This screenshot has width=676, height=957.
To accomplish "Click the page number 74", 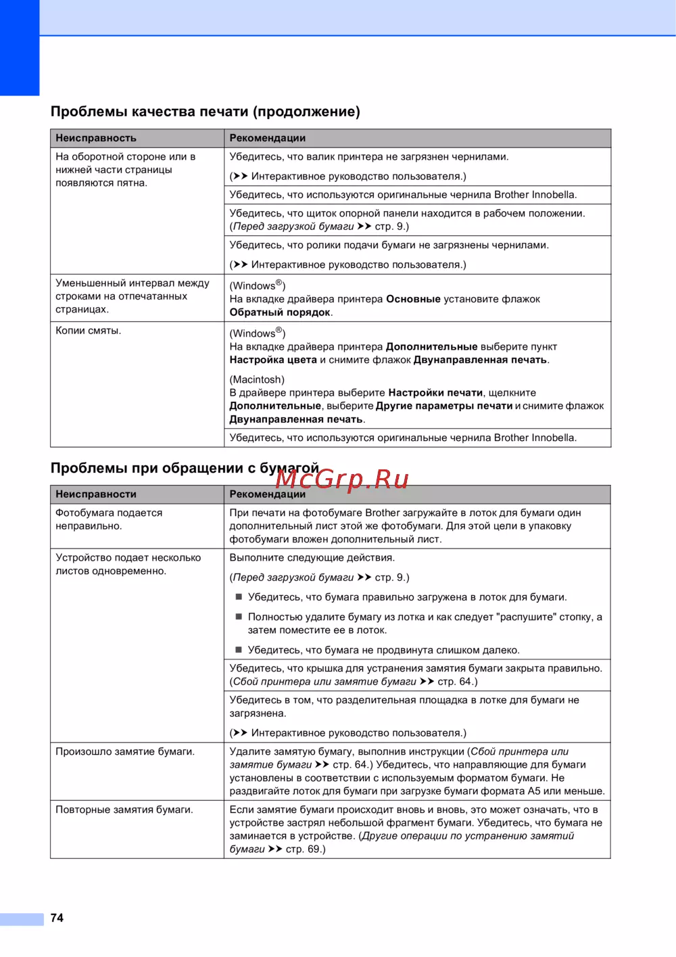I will [57, 918].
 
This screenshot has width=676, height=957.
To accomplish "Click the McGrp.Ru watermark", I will [342, 479].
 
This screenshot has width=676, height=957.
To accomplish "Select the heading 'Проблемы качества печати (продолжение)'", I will [205, 112].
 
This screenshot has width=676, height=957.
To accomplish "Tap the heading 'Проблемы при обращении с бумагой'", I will [185, 468].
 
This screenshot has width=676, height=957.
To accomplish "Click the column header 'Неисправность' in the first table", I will [96, 138].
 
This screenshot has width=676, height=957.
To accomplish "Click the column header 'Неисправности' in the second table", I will [96, 494].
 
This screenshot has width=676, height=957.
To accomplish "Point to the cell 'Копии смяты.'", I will [89, 331].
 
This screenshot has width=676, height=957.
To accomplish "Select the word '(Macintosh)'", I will [257, 379].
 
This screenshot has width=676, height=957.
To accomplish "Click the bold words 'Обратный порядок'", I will [280, 312].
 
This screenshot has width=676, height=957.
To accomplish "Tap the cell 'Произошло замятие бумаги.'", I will [125, 751].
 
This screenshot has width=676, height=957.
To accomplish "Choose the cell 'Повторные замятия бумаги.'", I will [124, 810].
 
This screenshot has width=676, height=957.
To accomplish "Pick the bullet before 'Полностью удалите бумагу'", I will [239, 617].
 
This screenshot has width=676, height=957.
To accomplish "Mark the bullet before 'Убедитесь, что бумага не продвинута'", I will [239, 650].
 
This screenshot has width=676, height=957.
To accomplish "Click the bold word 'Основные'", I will [413, 299].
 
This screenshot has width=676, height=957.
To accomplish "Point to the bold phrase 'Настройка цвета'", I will [273, 360].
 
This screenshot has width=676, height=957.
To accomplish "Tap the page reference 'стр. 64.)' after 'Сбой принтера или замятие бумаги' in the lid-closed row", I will [458, 682].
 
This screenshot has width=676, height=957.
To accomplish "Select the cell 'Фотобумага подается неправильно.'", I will [109, 519].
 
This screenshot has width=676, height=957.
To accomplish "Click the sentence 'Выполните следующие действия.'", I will [312, 558].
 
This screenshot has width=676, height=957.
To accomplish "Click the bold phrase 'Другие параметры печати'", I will [444, 406].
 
